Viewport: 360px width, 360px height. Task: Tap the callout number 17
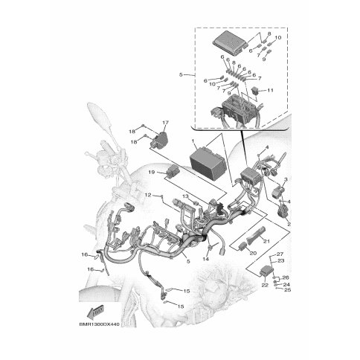pyautogui.click(x=165, y=123)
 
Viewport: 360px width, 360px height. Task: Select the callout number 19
pyautogui.click(x=152, y=172)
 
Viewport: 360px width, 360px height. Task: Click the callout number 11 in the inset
pyautogui.click(x=270, y=90)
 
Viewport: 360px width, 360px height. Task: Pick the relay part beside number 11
pyautogui.click(x=255, y=91)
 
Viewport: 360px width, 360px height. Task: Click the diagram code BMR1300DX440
pyautogui.click(x=99, y=324)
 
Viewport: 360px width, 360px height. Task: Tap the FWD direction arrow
pyautogui.click(x=95, y=312)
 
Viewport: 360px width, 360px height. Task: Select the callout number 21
pyautogui.click(x=266, y=241)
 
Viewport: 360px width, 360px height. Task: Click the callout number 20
pyautogui.click(x=253, y=254)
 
